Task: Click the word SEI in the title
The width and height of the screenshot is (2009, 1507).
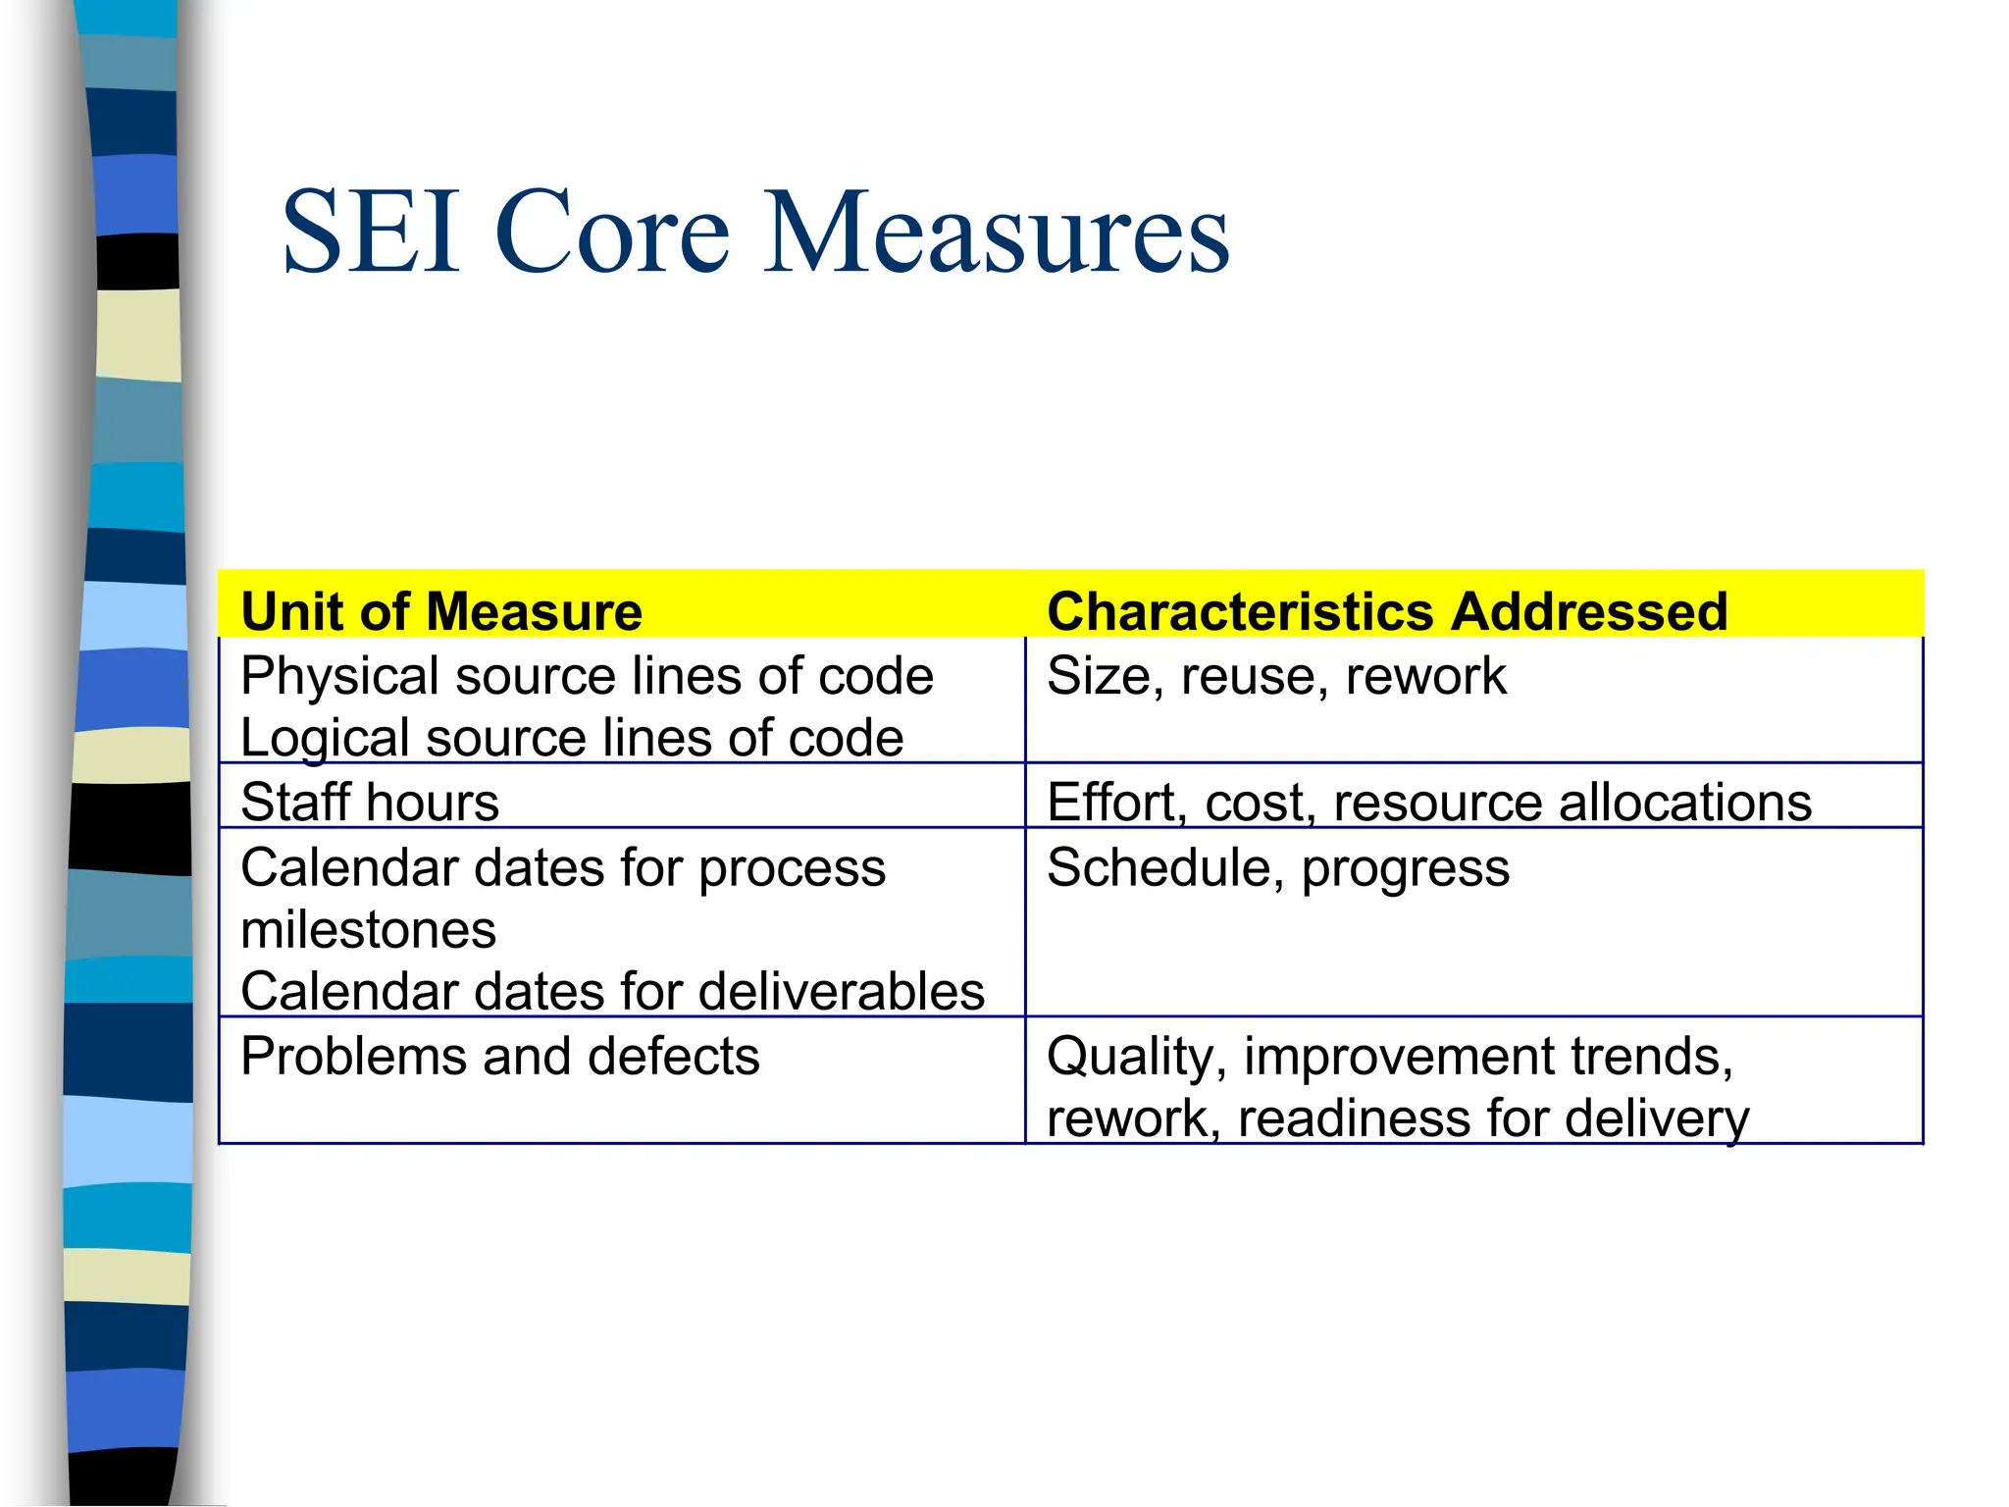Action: click(371, 233)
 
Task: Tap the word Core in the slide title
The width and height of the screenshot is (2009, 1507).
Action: click(613, 233)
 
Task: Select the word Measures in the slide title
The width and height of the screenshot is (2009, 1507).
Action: click(996, 233)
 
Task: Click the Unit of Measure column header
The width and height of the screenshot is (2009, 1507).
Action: click(441, 611)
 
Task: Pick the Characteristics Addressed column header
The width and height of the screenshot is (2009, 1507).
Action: click(1387, 611)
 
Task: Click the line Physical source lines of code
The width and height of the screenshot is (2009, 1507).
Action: click(587, 676)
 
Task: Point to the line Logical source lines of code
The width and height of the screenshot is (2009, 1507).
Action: click(572, 738)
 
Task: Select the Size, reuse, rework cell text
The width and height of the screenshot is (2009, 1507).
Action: click(1276, 676)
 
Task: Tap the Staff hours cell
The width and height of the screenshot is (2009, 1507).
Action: click(370, 802)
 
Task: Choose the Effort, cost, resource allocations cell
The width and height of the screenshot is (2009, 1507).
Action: click(1429, 802)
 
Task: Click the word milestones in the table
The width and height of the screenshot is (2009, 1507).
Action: click(369, 929)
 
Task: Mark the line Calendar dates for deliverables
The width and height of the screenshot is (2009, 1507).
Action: click(612, 991)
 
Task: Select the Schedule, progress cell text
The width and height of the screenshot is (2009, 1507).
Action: click(1278, 868)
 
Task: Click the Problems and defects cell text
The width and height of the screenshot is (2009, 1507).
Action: click(500, 1057)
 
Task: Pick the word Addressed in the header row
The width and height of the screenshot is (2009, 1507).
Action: click(1589, 611)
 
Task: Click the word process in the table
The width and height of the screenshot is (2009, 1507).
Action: click(792, 868)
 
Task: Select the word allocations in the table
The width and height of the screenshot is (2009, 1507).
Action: click(1684, 802)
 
